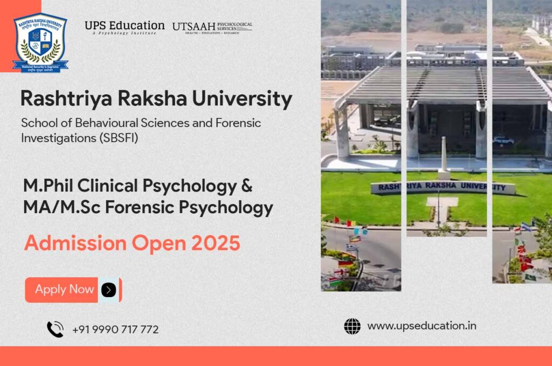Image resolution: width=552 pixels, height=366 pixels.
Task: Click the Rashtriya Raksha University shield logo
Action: coord(40,42)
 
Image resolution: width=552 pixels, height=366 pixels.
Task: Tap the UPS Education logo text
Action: coord(125,26)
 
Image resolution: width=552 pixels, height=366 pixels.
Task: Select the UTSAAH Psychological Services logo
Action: coord(212,26)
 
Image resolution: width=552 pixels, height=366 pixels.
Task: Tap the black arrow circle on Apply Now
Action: coord(108,290)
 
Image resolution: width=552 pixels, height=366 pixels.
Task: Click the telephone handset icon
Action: coord(55,329)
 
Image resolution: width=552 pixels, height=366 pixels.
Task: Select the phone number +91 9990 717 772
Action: coord(115,329)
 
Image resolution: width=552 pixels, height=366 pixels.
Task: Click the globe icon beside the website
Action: coord(352,326)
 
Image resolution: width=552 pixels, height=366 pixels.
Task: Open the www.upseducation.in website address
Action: coord(422,326)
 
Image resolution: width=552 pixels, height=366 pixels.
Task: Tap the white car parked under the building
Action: coord(503,140)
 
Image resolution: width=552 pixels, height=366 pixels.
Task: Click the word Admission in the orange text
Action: coord(73,243)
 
